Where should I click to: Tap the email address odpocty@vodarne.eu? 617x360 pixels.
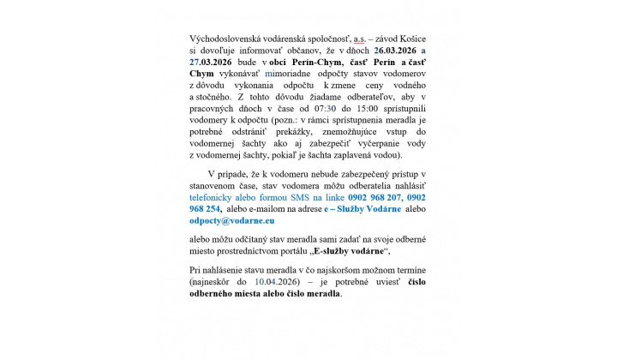(x=226, y=220)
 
